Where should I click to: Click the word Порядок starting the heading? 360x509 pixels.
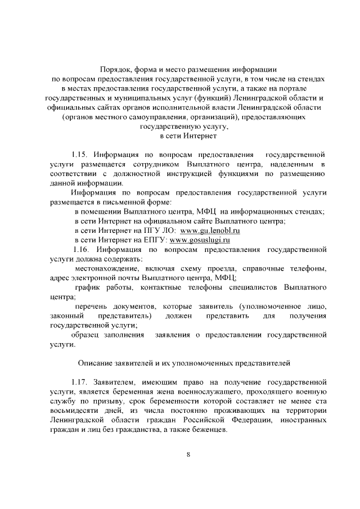pyautogui.click(x=115, y=69)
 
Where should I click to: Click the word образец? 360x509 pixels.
pyautogui.click(x=87, y=335)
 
